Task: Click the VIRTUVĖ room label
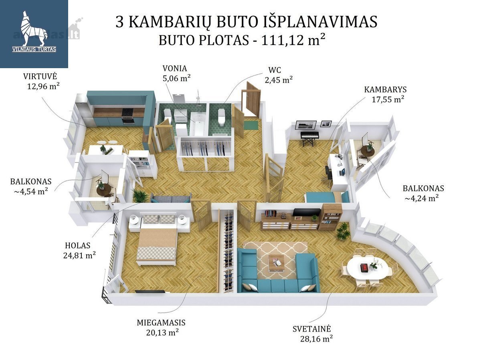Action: click(x=40, y=76)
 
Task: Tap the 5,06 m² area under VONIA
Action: click(x=176, y=78)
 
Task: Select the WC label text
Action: click(x=275, y=70)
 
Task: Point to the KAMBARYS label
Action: click(x=385, y=90)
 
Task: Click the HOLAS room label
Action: click(x=78, y=245)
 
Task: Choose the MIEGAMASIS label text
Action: click(x=161, y=323)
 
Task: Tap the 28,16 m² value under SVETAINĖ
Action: click(x=316, y=339)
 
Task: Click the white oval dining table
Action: click(x=367, y=268)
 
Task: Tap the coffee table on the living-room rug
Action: click(x=276, y=263)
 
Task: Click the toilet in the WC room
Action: click(x=221, y=116)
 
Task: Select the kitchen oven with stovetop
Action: click(x=127, y=116)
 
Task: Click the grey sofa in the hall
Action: click(x=171, y=198)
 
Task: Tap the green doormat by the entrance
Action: click(x=251, y=125)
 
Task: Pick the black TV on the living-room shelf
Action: click(x=307, y=212)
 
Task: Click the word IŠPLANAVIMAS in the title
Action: click(x=320, y=22)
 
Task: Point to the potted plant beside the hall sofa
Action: click(x=140, y=196)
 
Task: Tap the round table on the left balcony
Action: click(x=104, y=190)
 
